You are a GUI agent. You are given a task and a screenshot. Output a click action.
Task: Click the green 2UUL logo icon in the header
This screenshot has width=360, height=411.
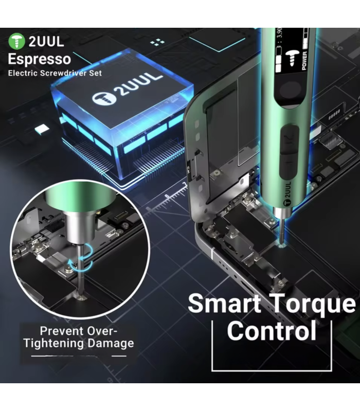[16, 41]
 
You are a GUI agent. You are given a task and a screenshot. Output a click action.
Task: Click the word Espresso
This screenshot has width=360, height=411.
[40, 59]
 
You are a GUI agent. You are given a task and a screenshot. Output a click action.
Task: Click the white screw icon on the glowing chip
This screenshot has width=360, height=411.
[104, 98]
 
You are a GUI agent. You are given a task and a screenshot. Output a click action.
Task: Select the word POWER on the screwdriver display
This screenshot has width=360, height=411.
[304, 61]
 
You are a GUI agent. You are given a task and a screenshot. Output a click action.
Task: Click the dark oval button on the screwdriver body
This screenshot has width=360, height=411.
[290, 152]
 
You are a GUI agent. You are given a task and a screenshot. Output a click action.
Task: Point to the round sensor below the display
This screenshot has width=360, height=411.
[290, 91]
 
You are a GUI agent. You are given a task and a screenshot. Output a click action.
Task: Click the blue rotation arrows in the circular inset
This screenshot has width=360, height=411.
[80, 258]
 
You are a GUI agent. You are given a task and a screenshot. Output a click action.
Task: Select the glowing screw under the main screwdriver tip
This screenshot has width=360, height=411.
[282, 246]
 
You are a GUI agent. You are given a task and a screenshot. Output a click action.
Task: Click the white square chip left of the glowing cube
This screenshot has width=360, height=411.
[42, 129]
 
